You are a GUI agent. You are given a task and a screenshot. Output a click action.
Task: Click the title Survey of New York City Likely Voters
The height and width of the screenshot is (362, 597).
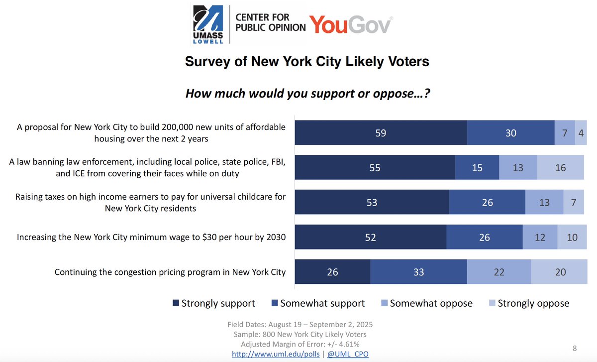click(307, 62)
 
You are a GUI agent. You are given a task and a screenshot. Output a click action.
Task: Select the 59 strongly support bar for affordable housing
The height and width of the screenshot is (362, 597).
click(381, 133)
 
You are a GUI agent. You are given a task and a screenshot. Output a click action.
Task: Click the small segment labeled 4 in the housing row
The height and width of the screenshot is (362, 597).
click(581, 133)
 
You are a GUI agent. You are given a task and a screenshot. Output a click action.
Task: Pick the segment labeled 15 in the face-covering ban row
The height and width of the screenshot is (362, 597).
click(477, 168)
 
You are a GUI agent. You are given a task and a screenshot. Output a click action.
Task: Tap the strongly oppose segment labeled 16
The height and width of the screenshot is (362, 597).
click(560, 168)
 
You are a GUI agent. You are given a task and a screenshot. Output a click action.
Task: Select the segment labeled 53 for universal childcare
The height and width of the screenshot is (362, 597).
click(372, 203)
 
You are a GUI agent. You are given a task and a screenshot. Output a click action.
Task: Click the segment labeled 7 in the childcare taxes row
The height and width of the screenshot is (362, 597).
click(574, 203)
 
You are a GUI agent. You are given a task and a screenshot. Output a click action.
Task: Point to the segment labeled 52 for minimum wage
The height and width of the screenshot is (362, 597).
click(371, 238)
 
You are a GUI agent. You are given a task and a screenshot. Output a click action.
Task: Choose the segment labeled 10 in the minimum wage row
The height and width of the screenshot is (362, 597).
click(572, 238)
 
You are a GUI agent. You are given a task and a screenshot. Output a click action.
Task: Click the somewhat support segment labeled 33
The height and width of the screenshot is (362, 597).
click(418, 272)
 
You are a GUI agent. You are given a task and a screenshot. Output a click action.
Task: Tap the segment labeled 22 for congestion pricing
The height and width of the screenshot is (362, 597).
click(499, 272)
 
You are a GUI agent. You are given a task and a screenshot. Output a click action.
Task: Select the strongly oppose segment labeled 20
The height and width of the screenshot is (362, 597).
click(560, 272)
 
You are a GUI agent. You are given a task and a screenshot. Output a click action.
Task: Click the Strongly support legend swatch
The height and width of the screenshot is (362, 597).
click(176, 303)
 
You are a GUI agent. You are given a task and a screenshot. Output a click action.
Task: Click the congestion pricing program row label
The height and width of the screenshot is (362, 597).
click(170, 272)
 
